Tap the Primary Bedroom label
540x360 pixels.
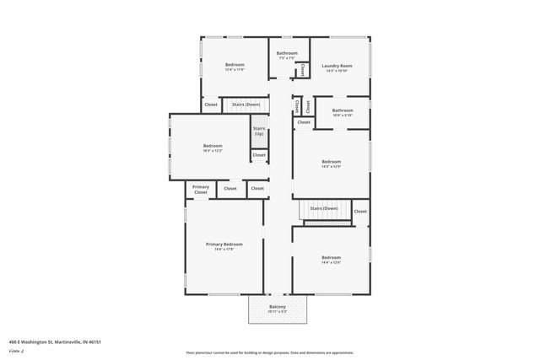pyautogui.click(x=224, y=244)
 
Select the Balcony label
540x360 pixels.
pyautogui.click(x=278, y=306)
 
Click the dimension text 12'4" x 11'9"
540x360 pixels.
pyautogui.click(x=235, y=70)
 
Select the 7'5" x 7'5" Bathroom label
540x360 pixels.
pyautogui.click(x=287, y=53)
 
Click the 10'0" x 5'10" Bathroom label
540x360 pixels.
pyautogui.click(x=343, y=110)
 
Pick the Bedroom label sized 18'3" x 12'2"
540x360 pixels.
pyautogui.click(x=213, y=146)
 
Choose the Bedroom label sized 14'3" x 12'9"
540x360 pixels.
pyautogui.click(x=332, y=161)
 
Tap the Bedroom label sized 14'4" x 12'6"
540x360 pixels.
pyautogui.click(x=331, y=257)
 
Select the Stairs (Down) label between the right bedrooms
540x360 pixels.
pyautogui.click(x=324, y=207)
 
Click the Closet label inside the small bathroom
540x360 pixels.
pyautogui.click(x=302, y=69)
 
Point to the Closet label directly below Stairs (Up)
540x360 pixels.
pyautogui.click(x=259, y=155)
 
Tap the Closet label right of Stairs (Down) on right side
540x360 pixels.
pyautogui.click(x=360, y=212)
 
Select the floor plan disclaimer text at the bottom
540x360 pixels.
pyautogui.click(x=269, y=352)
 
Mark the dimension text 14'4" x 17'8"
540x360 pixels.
pyautogui.click(x=224, y=249)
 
